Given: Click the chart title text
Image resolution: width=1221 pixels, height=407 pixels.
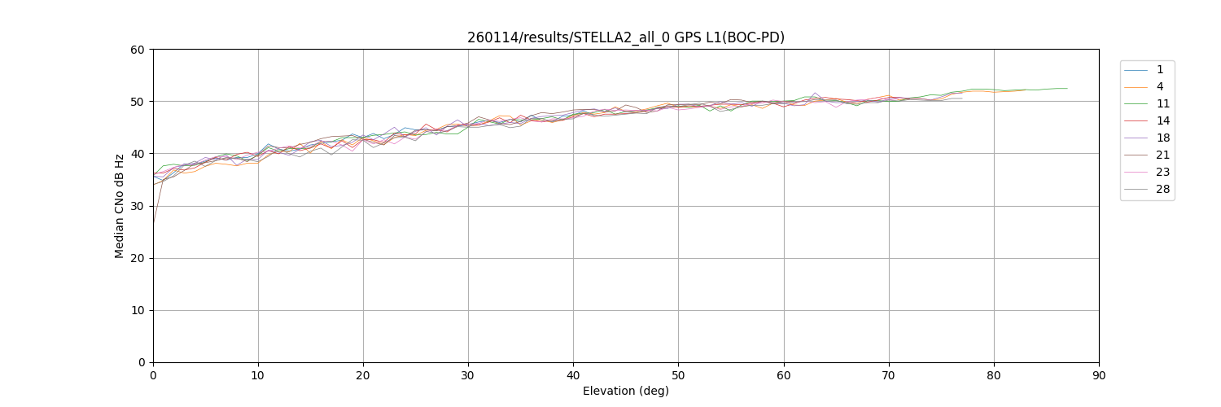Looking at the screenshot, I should click(x=625, y=37).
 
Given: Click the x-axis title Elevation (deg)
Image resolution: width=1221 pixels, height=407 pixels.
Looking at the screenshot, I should click(x=625, y=391).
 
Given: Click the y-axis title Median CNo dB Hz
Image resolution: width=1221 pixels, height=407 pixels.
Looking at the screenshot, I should click(x=120, y=206).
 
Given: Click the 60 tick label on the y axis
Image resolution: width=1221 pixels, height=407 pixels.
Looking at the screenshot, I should click(x=138, y=50).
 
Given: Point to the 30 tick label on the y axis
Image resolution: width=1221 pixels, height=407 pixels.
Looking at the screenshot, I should click(x=138, y=206).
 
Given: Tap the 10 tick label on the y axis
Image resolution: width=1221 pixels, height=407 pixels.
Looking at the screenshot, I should click(x=138, y=310).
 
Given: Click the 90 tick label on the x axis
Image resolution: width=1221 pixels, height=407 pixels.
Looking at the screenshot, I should click(x=1099, y=375).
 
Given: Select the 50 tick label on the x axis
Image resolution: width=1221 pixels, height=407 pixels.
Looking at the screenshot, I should click(x=678, y=375).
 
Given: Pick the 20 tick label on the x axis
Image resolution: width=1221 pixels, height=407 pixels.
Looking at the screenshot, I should click(x=363, y=375).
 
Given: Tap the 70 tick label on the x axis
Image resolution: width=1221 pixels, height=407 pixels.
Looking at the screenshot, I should click(x=888, y=375).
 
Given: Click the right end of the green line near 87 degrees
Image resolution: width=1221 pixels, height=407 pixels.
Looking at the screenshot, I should click(x=1067, y=88).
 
